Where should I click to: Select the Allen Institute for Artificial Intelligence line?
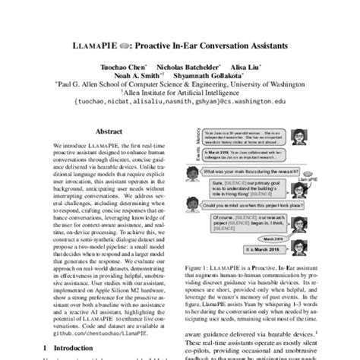[x=180, y=96]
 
